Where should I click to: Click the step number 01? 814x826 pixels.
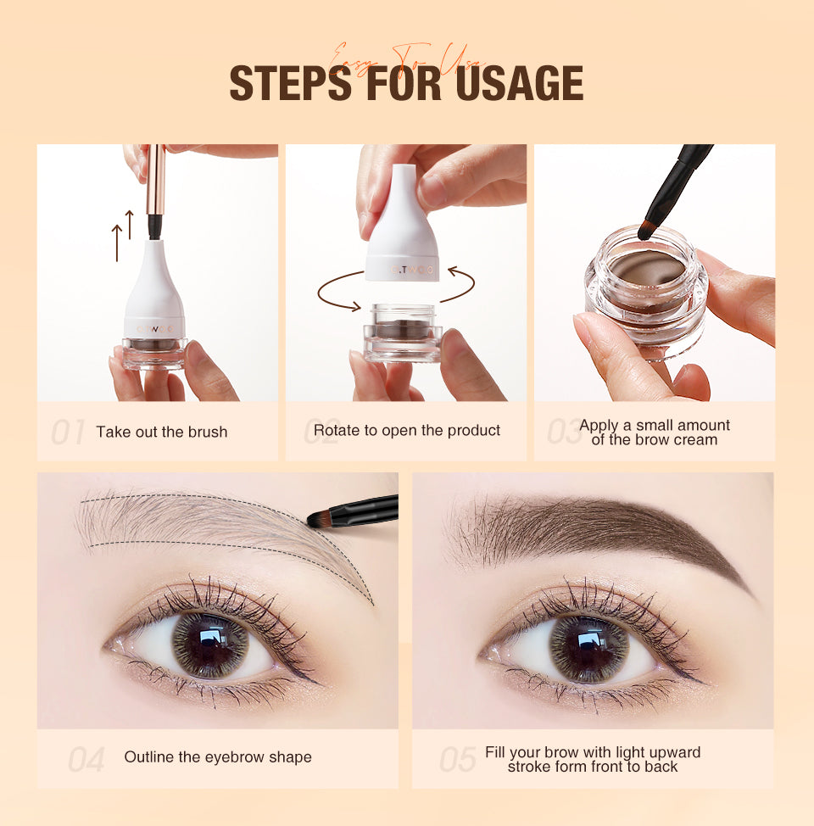67,432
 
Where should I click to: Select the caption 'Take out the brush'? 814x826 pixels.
161,432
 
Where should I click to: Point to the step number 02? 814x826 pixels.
321,431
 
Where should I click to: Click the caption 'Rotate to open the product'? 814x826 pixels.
407,430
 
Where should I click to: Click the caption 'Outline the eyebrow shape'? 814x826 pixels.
218,756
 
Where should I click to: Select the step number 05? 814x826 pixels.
458,759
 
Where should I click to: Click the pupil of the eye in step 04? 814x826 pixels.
208,645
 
